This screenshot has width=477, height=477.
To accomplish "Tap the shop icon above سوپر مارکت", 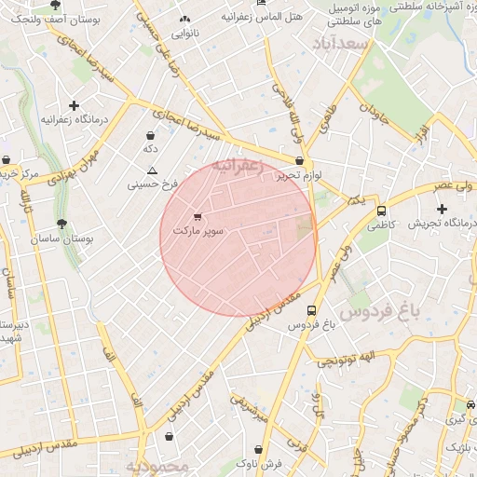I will point(196,216).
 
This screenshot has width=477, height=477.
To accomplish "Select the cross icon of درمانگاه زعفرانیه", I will point(74,106).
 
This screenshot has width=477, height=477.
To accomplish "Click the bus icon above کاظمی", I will point(381,211).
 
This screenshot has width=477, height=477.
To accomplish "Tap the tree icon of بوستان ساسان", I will point(62,224).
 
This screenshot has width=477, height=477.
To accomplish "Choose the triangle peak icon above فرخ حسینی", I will point(153,170).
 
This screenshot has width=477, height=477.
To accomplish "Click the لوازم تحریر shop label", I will point(304,174).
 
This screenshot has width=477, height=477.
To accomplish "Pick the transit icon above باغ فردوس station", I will point(311,310).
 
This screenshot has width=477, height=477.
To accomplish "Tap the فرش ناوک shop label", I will point(258,462).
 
